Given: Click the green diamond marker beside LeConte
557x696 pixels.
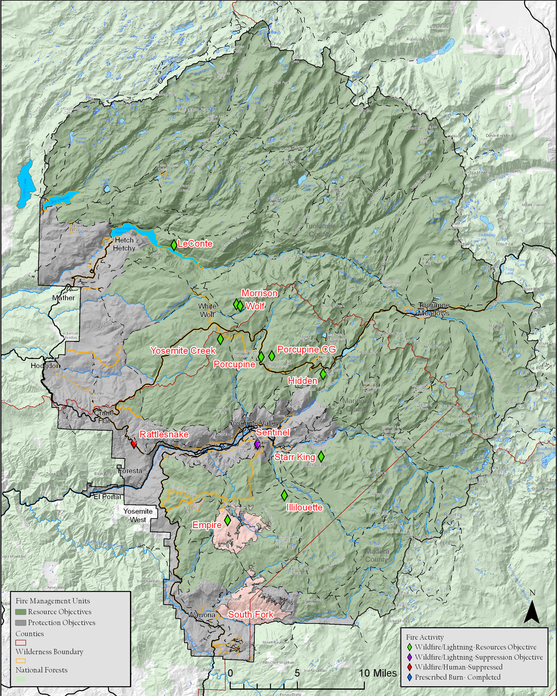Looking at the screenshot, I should click(x=174, y=245).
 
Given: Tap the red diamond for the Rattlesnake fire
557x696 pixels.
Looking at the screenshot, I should click(x=134, y=444).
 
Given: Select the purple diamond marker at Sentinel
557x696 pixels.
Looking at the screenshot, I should click(x=257, y=444).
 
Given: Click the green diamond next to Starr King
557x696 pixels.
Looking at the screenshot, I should click(x=321, y=456).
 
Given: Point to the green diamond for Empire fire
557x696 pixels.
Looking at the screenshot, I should click(x=227, y=521).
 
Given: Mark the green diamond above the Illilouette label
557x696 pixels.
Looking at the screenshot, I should click(x=284, y=496).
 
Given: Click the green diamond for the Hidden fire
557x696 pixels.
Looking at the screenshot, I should click(x=323, y=374).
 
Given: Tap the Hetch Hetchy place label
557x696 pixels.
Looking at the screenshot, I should click(x=124, y=244).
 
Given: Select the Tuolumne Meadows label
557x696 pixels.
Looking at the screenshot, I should click(x=434, y=309).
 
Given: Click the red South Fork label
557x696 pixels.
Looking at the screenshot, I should click(x=251, y=614).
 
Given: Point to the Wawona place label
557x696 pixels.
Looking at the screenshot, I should click(x=201, y=615).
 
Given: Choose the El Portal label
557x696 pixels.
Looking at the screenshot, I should click(x=107, y=496).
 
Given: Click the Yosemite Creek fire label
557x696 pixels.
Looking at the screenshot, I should click(x=183, y=351).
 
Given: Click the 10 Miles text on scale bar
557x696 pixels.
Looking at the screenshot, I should click(x=378, y=673).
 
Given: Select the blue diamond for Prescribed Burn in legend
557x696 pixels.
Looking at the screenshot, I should click(x=409, y=677).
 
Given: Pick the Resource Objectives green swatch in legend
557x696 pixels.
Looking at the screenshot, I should click(x=20, y=612).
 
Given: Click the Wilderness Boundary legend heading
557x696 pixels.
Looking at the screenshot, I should click(x=50, y=651).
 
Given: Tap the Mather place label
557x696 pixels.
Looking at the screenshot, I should click(x=64, y=298).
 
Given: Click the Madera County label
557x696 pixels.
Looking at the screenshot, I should click(x=376, y=555).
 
